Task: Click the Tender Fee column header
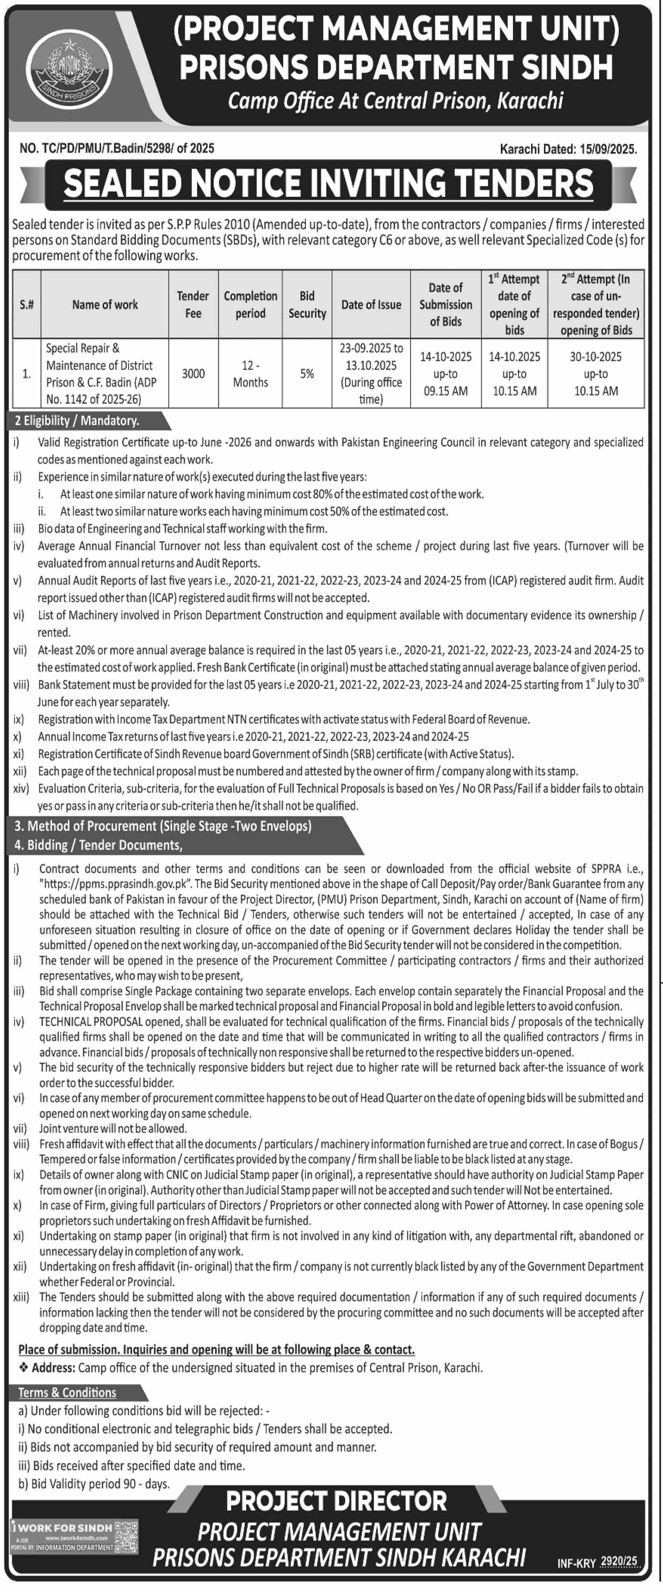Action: click(193, 305)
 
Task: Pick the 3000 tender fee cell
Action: click(193, 373)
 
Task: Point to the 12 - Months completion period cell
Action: click(250, 374)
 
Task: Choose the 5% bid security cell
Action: click(307, 373)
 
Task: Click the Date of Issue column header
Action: click(371, 305)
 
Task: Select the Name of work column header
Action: click(105, 305)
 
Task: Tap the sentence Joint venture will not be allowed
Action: click(113, 1128)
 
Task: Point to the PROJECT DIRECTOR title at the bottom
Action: click(336, 1501)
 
